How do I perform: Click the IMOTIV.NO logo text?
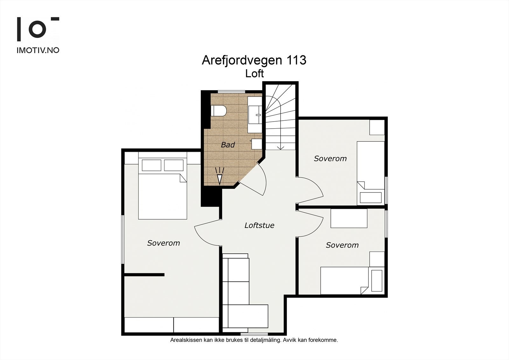coord(38,50)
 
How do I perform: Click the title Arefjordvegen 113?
coord(254,60)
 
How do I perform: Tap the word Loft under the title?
coord(254,74)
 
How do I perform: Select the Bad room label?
coord(228,145)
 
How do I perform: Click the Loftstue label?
coord(259,225)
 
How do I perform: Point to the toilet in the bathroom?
coord(219,111)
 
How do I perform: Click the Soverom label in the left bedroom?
coord(164,243)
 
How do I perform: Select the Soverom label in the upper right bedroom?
coord(330,159)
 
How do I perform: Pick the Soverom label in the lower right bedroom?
coord(342,245)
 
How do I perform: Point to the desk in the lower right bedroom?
coord(349,218)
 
